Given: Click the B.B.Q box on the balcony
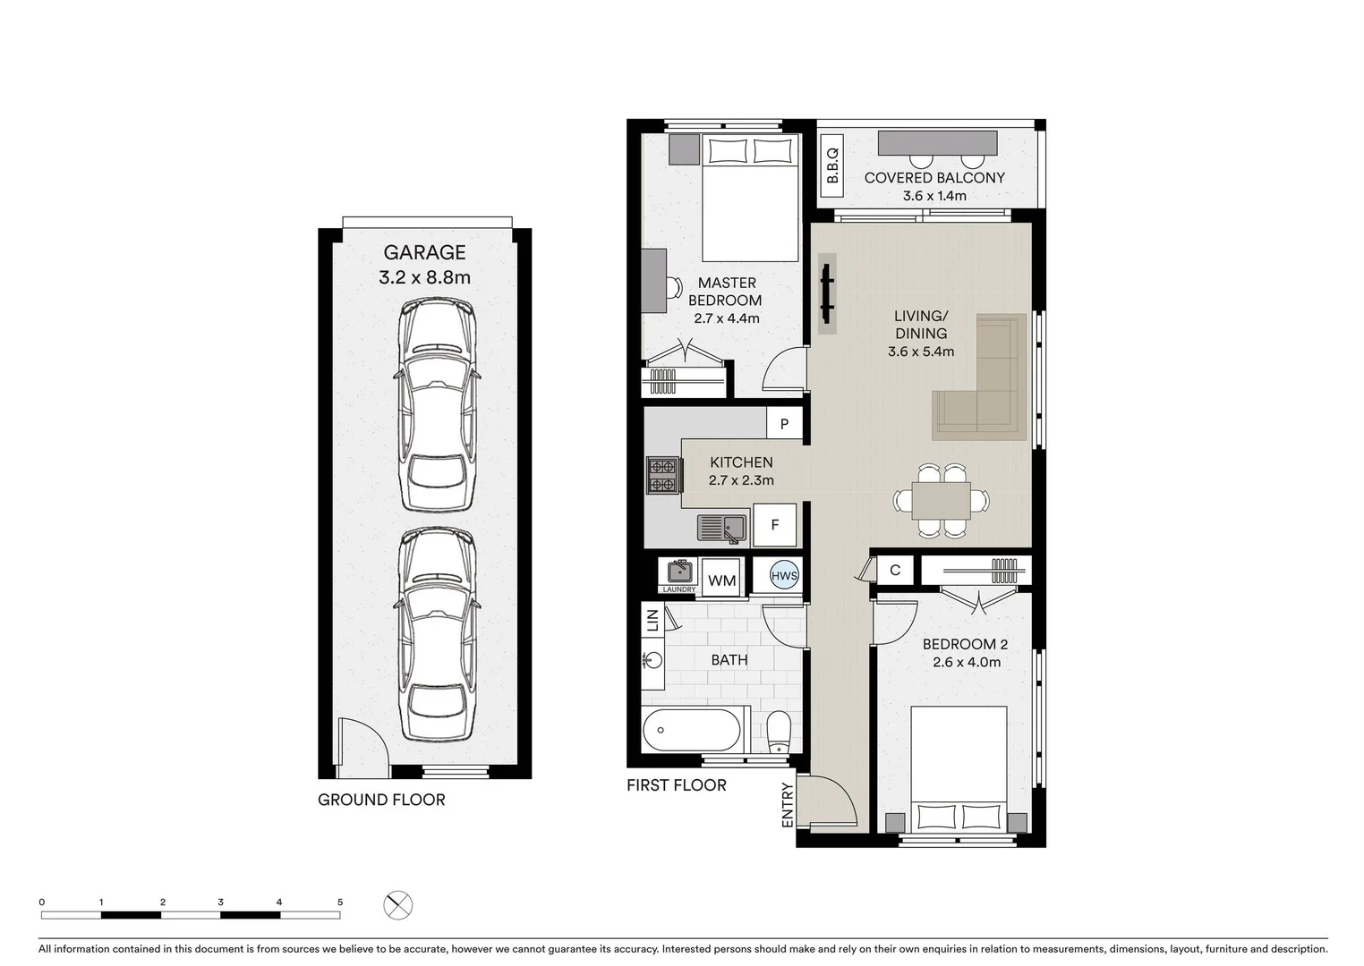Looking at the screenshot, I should (832, 165).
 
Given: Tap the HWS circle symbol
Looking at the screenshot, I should (784, 576).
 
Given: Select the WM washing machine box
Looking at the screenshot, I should (721, 580).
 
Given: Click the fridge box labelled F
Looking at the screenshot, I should (774, 525).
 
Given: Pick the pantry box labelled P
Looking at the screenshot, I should (784, 424).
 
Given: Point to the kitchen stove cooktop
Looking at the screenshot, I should (663, 475).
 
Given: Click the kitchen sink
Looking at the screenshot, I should (722, 528).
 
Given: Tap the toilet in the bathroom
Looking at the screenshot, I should (779, 733).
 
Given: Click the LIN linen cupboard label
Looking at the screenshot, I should (652, 619).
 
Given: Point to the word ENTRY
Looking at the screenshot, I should (788, 804).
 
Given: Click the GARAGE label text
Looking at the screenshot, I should (424, 253).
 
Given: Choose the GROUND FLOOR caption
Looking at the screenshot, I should (381, 800).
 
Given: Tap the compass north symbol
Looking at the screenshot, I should (398, 905).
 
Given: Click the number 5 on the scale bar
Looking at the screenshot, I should (340, 902).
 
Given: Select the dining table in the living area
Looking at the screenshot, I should (941, 501).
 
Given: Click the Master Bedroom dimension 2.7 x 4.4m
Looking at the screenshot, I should (726, 318).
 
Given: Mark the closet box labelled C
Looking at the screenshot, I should (895, 570).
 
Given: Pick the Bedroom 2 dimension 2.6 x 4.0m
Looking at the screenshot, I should (966, 663).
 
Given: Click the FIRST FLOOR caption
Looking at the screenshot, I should (676, 785).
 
